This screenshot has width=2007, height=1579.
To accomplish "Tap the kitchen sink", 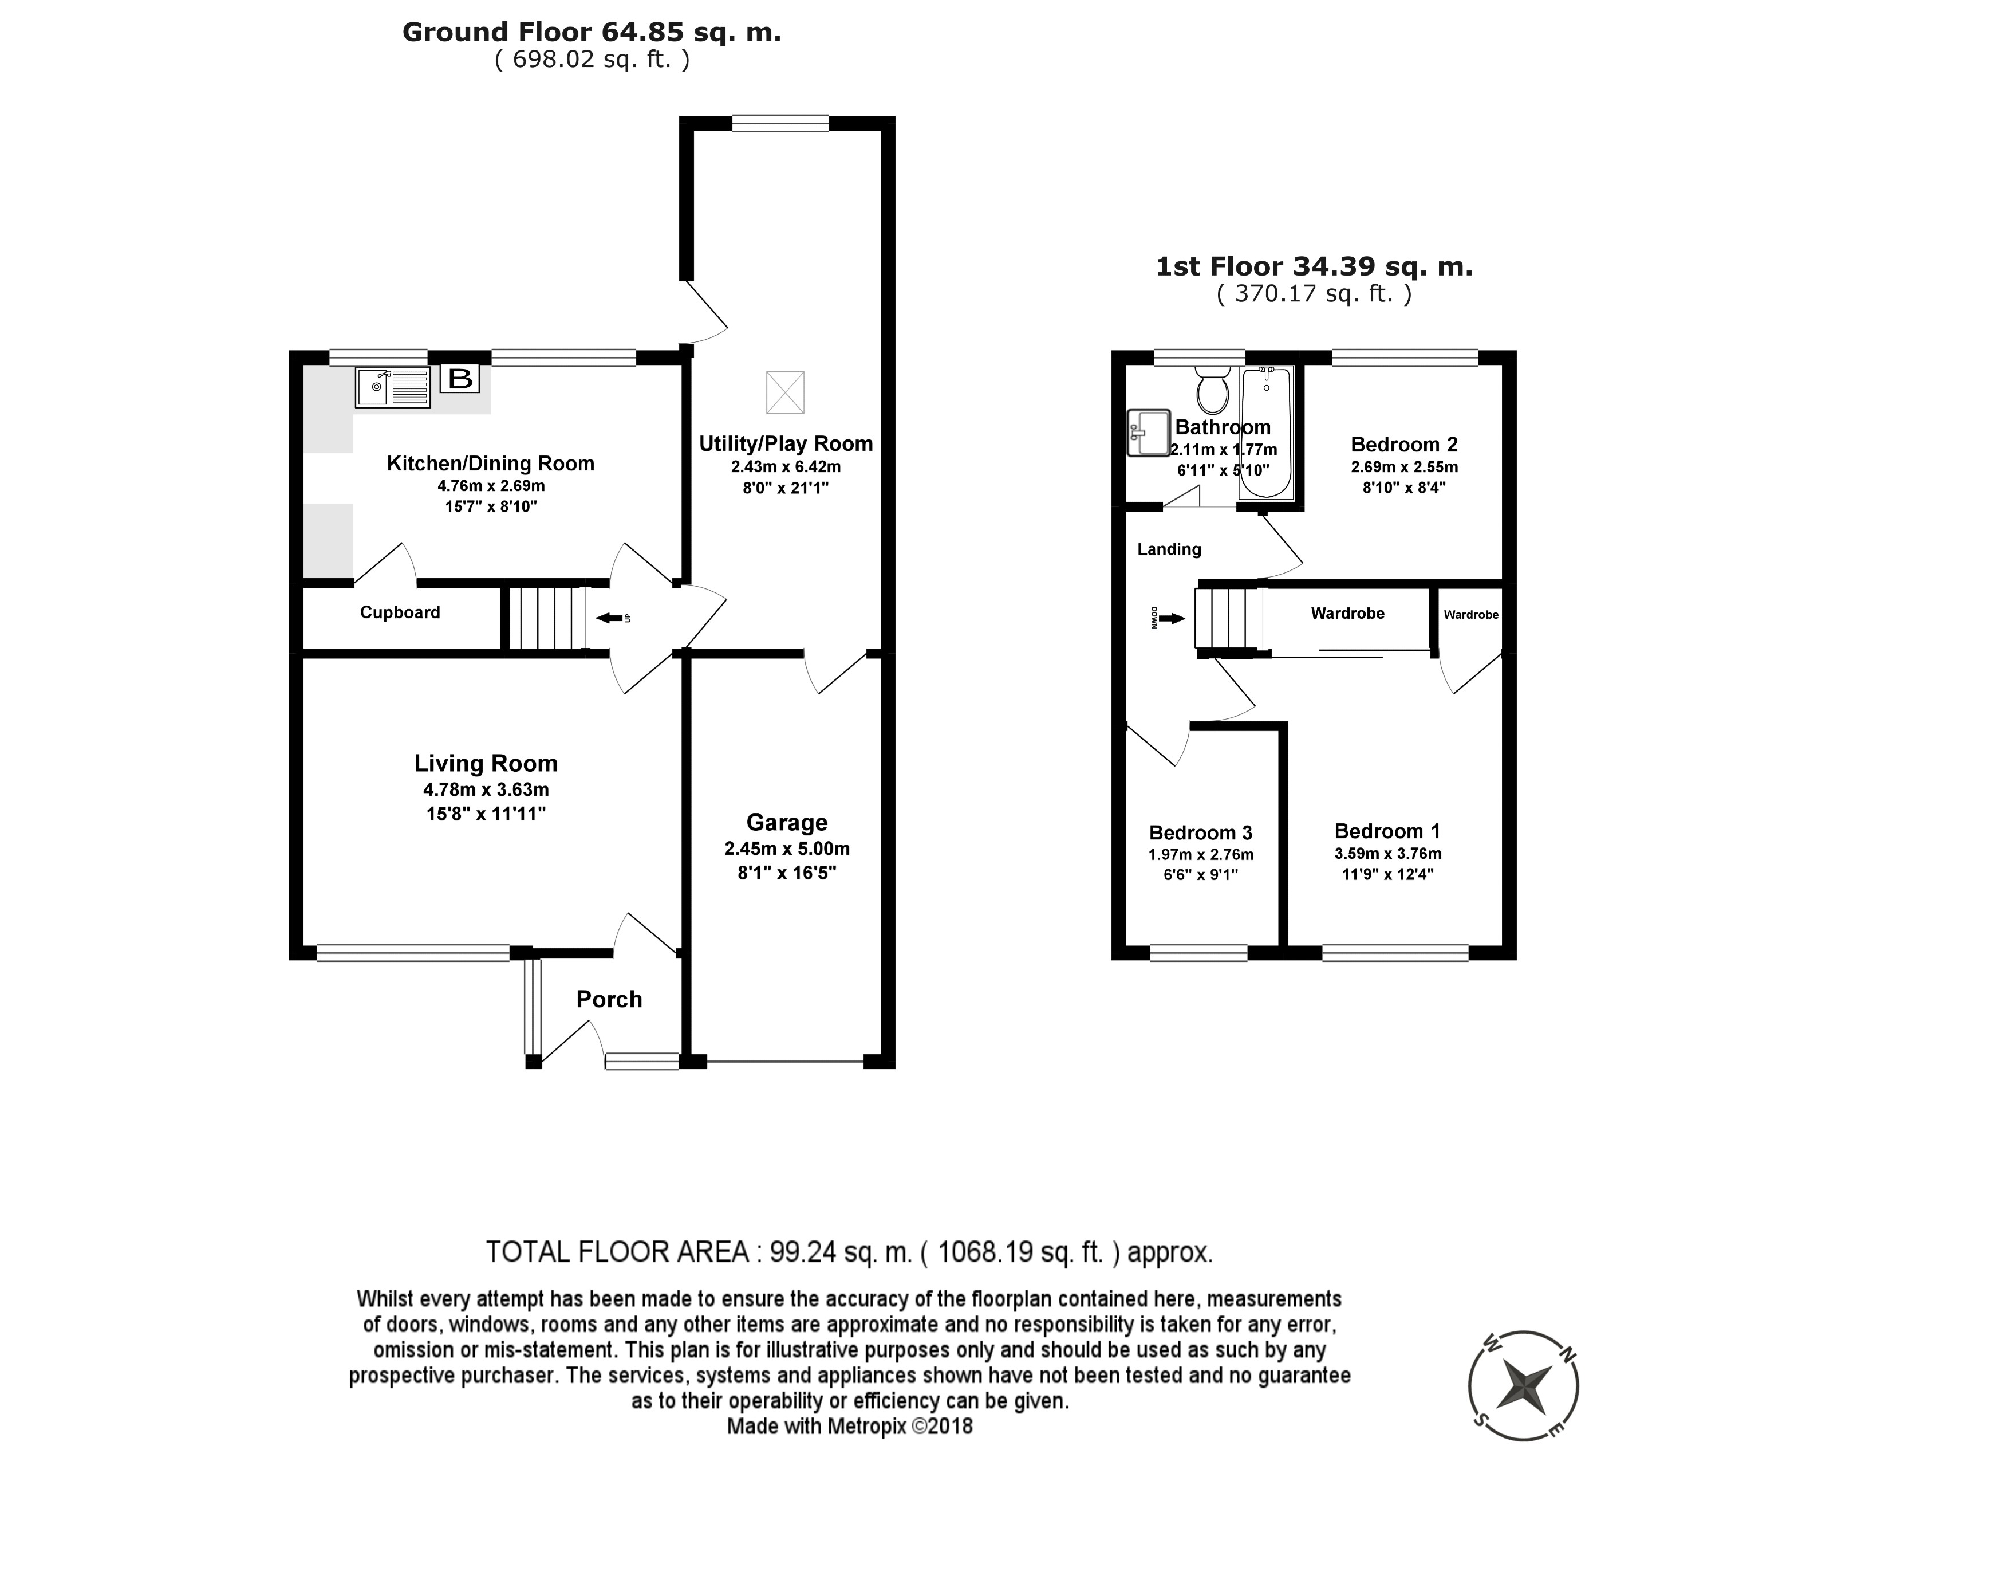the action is pos(393,387).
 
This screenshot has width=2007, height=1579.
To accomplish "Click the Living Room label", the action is pos(486,764).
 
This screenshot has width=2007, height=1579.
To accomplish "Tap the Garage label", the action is pos(787,823).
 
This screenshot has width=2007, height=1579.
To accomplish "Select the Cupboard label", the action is pos(400,612).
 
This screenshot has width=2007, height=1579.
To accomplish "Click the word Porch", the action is pos(609,999).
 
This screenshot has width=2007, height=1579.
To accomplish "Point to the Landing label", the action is pos(1169,549).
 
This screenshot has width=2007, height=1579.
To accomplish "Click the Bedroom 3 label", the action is pos(1200,833).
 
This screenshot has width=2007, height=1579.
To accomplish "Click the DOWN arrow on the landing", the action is pos(1172,618).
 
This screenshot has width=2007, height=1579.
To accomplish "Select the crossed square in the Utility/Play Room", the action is pos(786,392).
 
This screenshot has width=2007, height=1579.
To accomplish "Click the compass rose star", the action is pos(1523,1386).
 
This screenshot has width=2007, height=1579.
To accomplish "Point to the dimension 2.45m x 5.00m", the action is pos(787,849).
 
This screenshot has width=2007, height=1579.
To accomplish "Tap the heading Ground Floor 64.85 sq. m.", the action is pos(592,32).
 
